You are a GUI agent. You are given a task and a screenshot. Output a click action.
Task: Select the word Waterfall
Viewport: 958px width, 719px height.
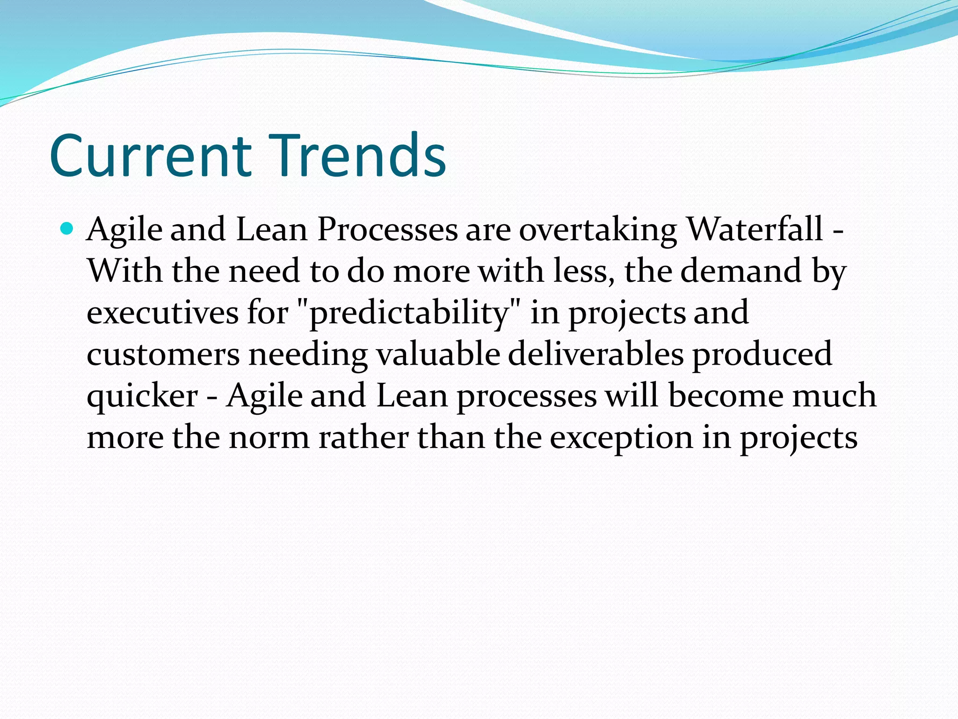[755, 229]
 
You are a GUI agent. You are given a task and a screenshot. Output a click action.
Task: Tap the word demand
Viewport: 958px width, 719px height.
[741, 271]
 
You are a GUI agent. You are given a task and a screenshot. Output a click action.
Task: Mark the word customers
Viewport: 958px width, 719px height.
[163, 354]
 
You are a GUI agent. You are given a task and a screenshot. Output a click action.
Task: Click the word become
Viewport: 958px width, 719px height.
[726, 396]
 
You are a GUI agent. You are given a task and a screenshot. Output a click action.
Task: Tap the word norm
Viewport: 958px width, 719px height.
[269, 438]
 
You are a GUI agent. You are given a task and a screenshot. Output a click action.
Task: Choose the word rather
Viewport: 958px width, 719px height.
[363, 438]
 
